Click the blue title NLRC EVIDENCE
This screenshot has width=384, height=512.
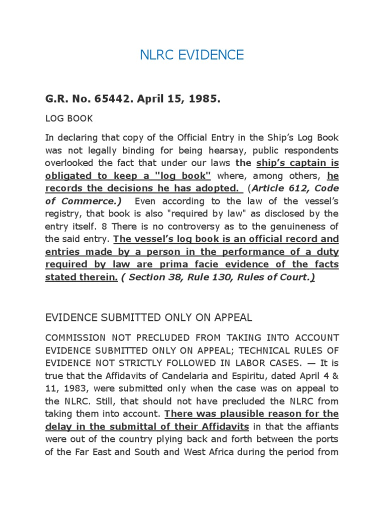[x=192, y=54]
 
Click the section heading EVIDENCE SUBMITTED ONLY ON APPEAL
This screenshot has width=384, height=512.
[x=148, y=317]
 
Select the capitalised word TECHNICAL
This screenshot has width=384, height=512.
[x=270, y=350]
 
